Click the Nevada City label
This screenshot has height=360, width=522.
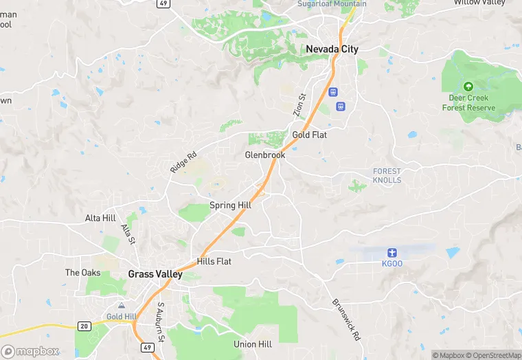332,49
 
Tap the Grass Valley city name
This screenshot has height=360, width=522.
155,274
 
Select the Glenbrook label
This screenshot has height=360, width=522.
264,155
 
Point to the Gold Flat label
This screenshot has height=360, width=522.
309,135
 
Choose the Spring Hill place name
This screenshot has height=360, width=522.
230,205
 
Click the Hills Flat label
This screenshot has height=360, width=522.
214,261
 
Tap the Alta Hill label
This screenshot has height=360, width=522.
100,218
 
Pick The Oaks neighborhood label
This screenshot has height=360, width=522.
82,273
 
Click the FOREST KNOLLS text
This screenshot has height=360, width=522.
387,175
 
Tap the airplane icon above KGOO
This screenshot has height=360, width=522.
391,252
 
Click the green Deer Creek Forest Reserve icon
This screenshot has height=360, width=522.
468,87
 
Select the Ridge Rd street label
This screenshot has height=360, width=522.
183,161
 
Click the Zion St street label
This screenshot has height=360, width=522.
299,105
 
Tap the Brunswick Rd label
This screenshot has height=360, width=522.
345,320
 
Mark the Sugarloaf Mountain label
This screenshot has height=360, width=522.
332,4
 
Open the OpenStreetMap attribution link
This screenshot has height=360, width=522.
493,355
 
